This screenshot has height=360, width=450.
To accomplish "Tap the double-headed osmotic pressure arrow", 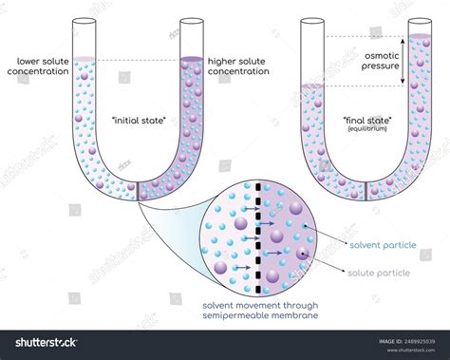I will [x=412, y=62].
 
